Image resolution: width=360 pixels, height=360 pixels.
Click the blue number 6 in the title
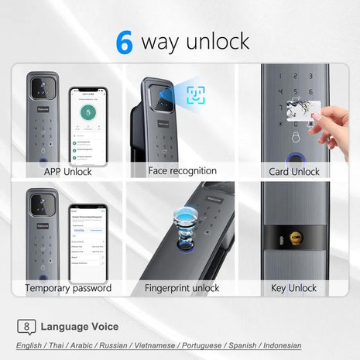tap(124, 42)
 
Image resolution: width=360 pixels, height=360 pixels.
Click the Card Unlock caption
tap(294, 172)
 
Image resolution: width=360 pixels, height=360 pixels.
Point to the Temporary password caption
tap(68, 288)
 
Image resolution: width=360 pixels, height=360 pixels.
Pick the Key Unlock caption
tap(294, 288)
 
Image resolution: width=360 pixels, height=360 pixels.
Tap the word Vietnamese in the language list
tap(163, 345)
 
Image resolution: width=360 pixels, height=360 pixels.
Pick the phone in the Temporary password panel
tap(86, 242)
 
